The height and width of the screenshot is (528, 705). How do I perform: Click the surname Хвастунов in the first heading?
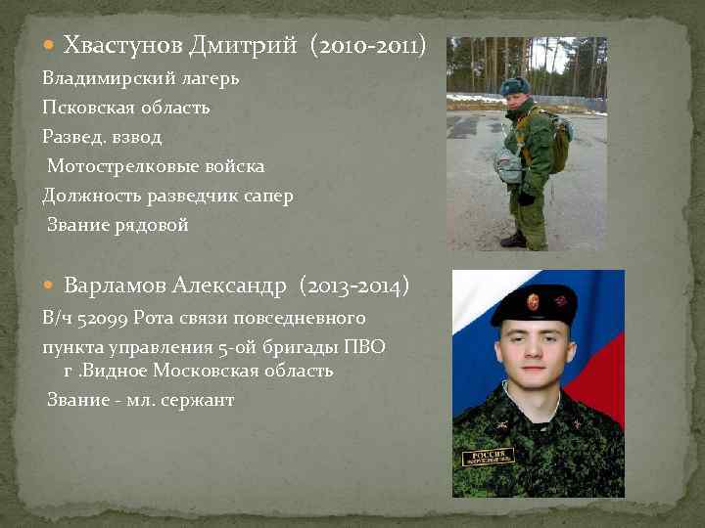point(119,45)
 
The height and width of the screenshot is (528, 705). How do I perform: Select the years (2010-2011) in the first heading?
point(367,45)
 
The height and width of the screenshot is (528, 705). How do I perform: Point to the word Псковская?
point(86,107)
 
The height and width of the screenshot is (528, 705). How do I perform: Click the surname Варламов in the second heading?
point(114,286)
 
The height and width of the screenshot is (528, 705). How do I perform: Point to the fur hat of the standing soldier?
point(514,86)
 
